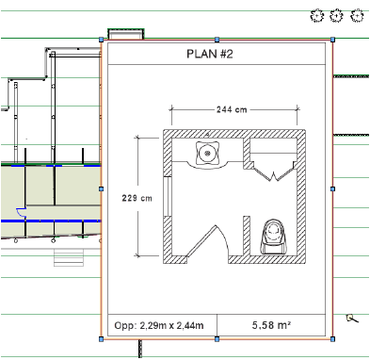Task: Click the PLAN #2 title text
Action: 210,54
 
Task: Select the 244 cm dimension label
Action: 232,109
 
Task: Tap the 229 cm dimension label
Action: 137,198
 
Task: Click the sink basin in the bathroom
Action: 207,154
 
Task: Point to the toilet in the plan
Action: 274,237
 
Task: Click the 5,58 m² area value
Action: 271,325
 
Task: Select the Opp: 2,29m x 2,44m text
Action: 159,325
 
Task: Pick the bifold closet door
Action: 273,172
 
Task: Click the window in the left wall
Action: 168,196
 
